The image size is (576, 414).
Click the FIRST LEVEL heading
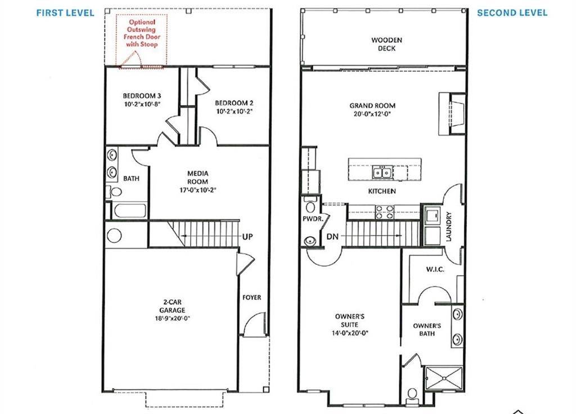tap(65, 13)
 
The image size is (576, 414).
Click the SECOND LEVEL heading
tap(512, 13)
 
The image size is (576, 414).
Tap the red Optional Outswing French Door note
tap(138, 32)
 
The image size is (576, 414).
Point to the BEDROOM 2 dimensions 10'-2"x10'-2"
tap(233, 111)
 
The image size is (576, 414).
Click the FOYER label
tap(251, 297)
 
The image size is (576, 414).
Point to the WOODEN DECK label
tap(383, 44)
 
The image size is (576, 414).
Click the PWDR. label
tap(312, 219)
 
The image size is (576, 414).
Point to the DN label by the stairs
tap(332, 237)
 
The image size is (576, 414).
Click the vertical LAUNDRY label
tap(449, 226)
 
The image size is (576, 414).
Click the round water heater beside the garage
tap(114, 235)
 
